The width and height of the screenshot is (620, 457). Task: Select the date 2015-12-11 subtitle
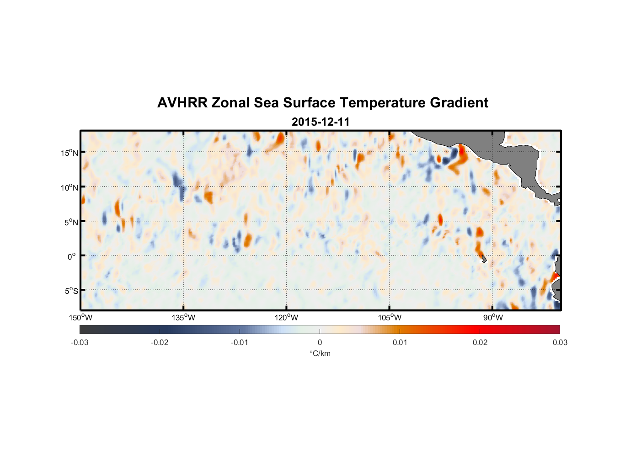[x=321, y=122]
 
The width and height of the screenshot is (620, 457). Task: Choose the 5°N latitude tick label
[x=71, y=222]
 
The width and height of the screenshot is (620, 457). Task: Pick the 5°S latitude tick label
[x=71, y=291]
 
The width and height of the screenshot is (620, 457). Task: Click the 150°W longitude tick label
[x=80, y=318]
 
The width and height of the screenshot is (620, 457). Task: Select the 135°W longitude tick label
[x=183, y=318]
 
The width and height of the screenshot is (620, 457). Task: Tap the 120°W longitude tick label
[x=286, y=318]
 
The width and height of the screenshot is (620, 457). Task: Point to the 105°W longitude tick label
[x=390, y=318]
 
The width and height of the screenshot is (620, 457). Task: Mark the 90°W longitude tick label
[x=493, y=318]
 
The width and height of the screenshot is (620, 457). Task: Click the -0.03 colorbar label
[x=80, y=342]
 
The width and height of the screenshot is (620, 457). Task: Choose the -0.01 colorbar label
[x=240, y=342]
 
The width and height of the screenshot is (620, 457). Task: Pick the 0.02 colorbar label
[x=480, y=342]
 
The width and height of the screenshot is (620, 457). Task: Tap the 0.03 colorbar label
[x=560, y=342]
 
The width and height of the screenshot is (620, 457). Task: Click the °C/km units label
[x=320, y=353]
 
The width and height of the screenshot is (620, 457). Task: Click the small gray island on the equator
[x=484, y=259]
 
